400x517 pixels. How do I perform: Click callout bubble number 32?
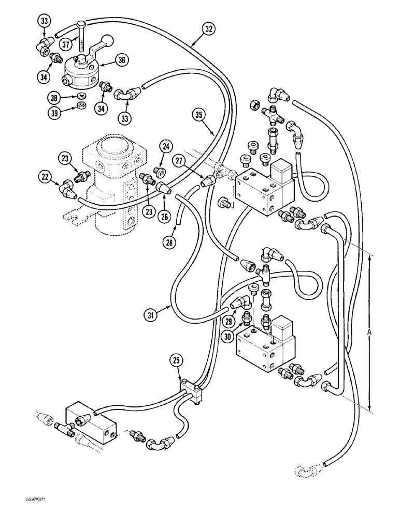click(208, 29)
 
